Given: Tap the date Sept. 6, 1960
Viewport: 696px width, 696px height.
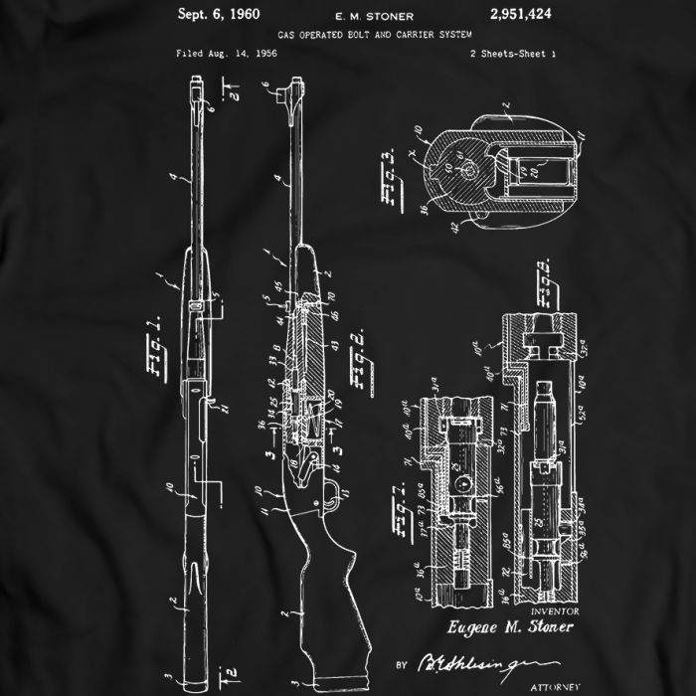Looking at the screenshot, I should tap(218, 14).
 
